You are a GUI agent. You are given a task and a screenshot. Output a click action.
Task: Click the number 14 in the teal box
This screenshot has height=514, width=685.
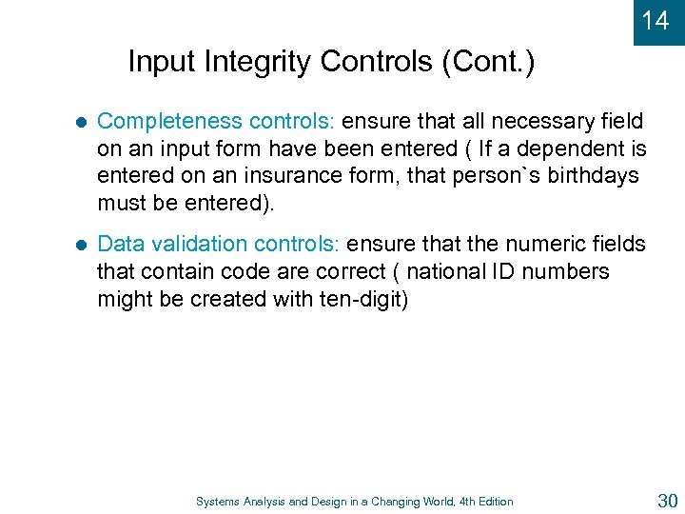656,20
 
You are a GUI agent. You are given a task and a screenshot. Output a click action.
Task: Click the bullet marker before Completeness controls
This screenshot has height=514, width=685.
81,123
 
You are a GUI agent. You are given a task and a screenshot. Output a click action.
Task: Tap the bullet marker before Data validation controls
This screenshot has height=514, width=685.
81,246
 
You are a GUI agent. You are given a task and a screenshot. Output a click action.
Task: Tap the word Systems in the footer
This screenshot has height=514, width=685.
219,502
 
